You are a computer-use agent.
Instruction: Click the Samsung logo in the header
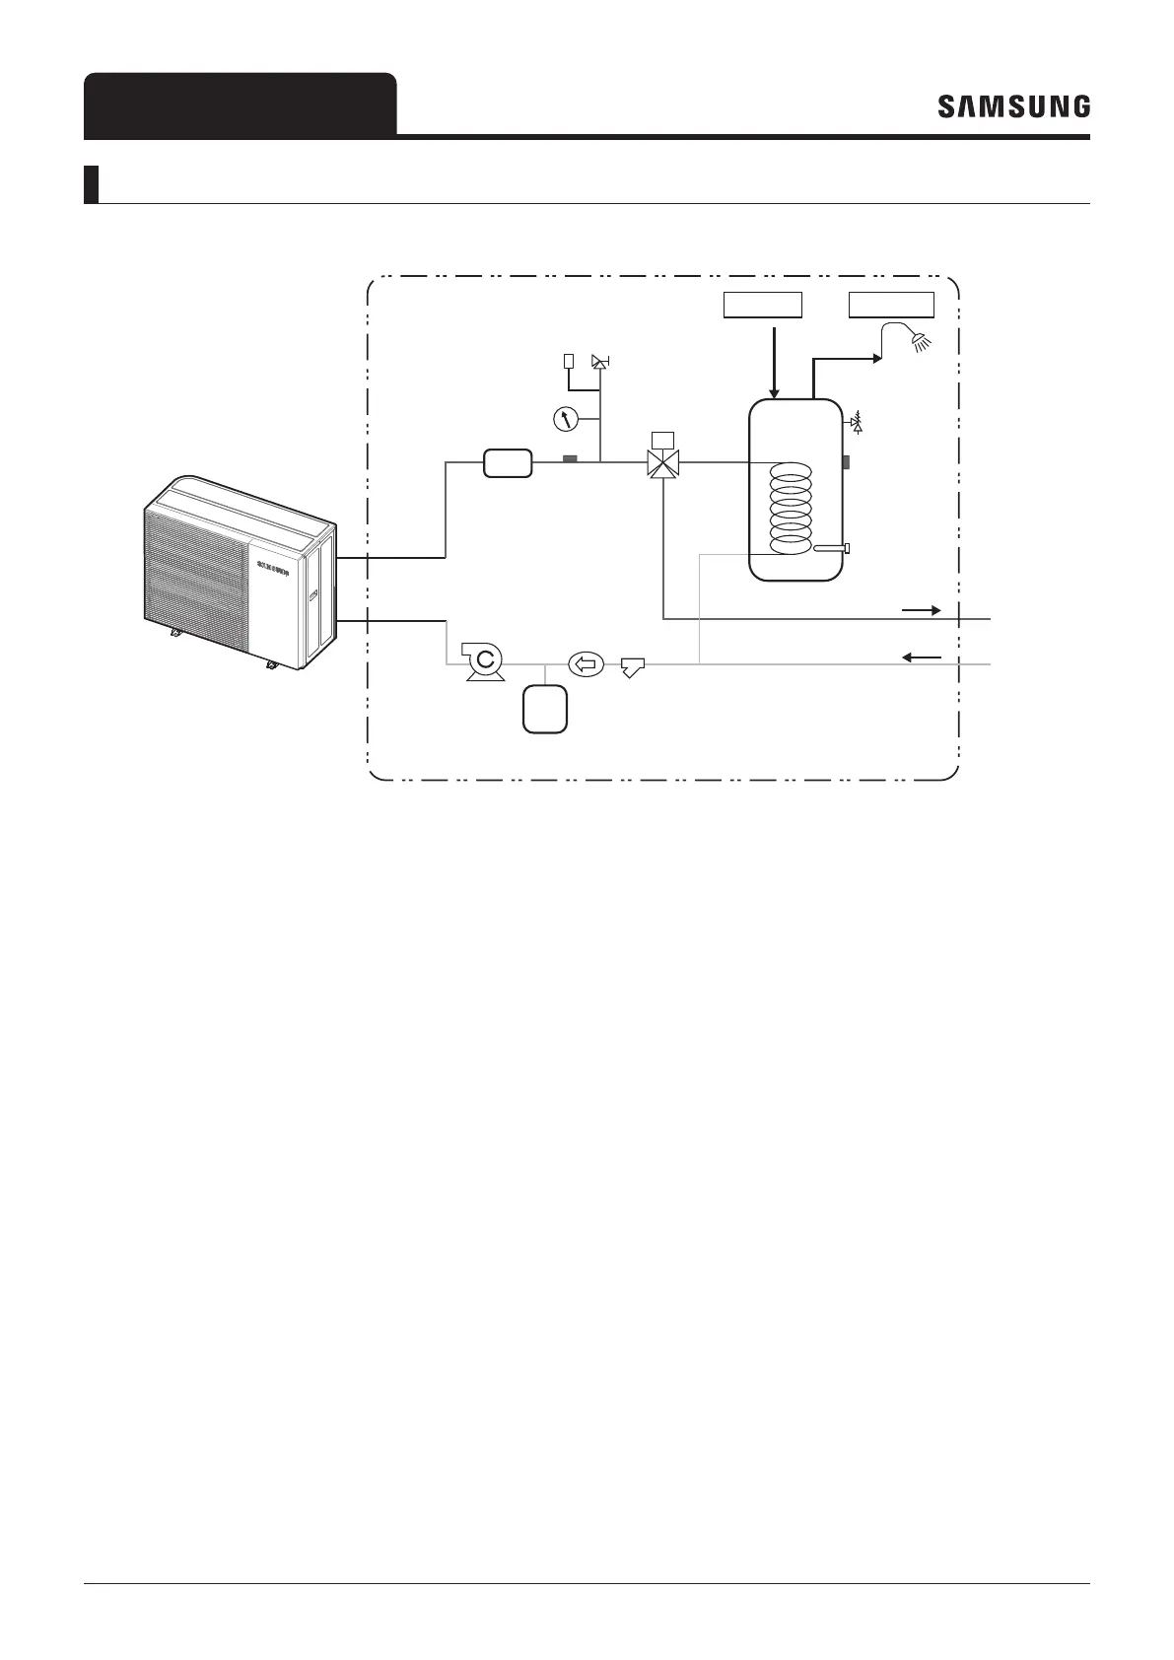(1013, 106)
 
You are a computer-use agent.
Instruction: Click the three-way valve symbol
(666, 462)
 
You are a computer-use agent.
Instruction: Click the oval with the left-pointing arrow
(586, 664)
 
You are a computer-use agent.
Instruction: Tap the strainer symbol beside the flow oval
(631, 669)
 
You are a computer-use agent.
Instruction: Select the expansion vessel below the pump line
(545, 708)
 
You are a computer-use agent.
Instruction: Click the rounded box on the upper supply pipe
(508, 462)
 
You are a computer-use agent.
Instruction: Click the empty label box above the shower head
(892, 305)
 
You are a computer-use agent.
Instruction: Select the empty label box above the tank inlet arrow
(763, 305)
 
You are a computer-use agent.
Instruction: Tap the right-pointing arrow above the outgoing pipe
(922, 610)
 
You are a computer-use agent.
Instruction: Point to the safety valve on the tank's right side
(856, 424)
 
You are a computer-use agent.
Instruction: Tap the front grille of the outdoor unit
(197, 582)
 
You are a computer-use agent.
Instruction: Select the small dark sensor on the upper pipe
(569, 458)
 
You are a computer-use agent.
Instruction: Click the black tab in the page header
(240, 104)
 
